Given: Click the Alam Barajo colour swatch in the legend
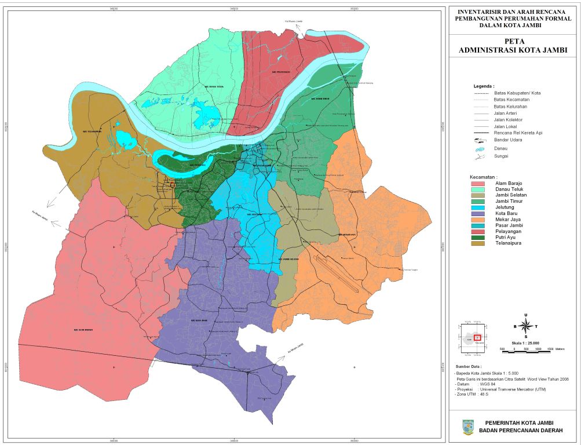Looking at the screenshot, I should point(478,183).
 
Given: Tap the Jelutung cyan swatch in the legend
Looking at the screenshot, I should point(478,206).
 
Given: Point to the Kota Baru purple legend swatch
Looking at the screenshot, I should point(478,213).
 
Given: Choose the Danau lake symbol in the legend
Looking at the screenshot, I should point(478,148).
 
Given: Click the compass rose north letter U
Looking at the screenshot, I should point(525,315).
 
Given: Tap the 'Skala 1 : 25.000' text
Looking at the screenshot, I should point(525,342).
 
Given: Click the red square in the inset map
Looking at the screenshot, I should point(477,337).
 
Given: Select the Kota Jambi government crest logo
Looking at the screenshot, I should point(467,427).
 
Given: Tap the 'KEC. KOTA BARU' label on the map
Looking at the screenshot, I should point(199,319).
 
